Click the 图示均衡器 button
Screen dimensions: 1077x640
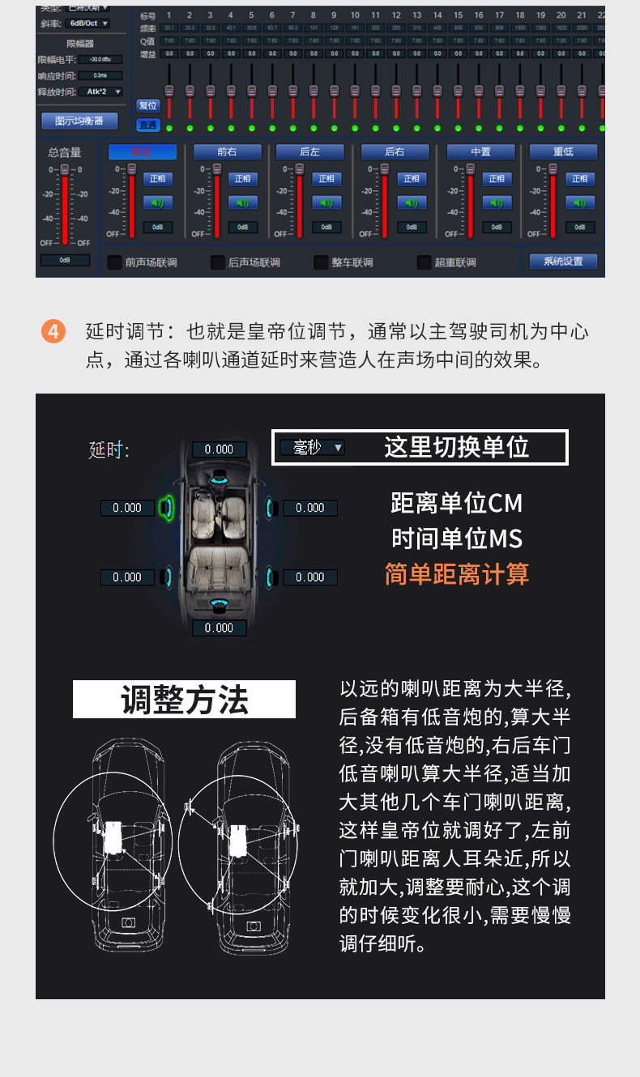79,121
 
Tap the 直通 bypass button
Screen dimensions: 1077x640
147,125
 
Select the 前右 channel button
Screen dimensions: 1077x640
227,151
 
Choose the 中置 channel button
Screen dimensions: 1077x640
480,151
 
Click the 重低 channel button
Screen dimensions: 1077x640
563,151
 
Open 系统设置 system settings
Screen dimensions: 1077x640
563,262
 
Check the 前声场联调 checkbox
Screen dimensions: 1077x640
115,262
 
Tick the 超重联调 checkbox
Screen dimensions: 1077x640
425,262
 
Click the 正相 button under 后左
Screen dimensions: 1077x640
327,179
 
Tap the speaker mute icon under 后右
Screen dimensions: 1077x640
412,203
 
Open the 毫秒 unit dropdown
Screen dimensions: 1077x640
313,447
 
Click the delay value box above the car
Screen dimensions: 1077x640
219,449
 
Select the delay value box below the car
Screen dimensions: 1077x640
219,628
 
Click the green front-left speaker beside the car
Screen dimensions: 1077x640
168,508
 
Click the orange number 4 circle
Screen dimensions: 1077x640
53,332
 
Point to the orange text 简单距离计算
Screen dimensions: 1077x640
456,574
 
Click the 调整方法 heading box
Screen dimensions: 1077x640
184,700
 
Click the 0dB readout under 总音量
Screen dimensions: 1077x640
65,260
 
